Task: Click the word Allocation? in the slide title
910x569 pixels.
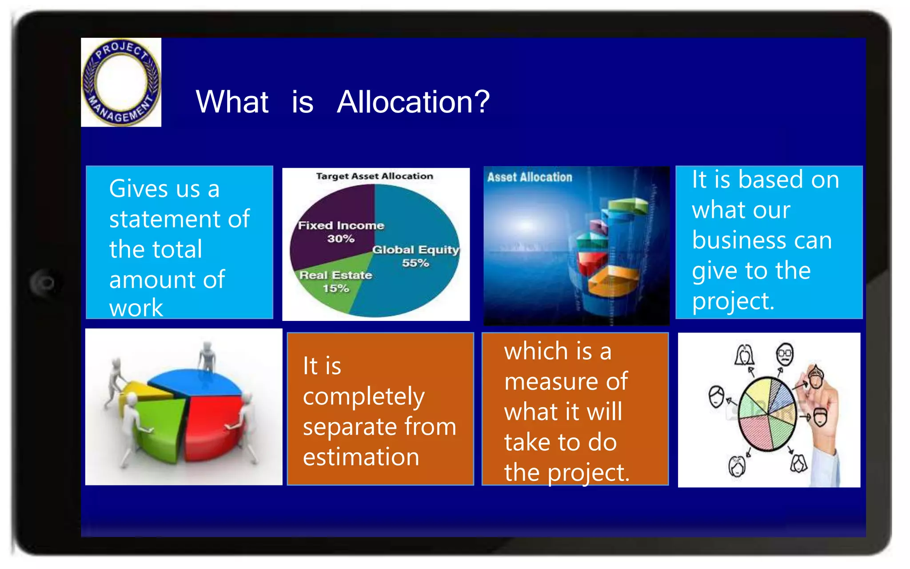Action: (413, 102)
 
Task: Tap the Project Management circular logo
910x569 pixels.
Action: (121, 82)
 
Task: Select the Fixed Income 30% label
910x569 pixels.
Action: (341, 232)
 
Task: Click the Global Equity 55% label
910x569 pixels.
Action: (415, 256)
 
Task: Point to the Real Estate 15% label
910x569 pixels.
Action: (335, 281)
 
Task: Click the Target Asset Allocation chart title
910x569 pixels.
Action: (374, 176)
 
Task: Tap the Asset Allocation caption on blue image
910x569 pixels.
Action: (529, 177)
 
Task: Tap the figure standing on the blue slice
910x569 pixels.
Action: (207, 358)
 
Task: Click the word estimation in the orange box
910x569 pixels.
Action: (361, 457)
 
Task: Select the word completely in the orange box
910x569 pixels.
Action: (363, 397)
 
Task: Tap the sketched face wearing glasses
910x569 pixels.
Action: (785, 354)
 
